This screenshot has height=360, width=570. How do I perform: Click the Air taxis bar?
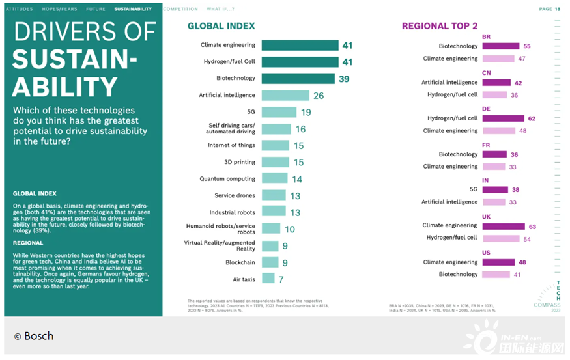pos(268,279)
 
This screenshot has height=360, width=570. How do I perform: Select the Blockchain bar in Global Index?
pos(268,262)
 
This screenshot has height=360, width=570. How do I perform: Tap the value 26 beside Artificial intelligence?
pos(319,96)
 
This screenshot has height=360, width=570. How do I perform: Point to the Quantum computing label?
pos(227,178)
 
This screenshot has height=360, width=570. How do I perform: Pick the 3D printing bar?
pos(276,162)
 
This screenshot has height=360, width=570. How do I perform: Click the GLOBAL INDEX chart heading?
pos(221,26)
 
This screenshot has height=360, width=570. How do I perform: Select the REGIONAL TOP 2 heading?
pos(440,26)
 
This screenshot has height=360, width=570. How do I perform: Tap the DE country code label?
pos(486,109)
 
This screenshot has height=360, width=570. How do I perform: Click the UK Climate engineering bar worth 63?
pos(503,226)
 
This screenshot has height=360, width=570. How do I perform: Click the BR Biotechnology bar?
pos(500,46)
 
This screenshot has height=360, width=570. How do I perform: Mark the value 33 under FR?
pos(513,167)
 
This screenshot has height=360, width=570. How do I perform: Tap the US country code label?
pos(486,253)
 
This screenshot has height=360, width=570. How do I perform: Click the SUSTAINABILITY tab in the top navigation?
pos(133,9)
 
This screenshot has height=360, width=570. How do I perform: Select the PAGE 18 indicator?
pos(549,9)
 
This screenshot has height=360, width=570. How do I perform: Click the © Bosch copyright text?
pos(34,336)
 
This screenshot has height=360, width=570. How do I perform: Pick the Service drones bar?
pos(274,195)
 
